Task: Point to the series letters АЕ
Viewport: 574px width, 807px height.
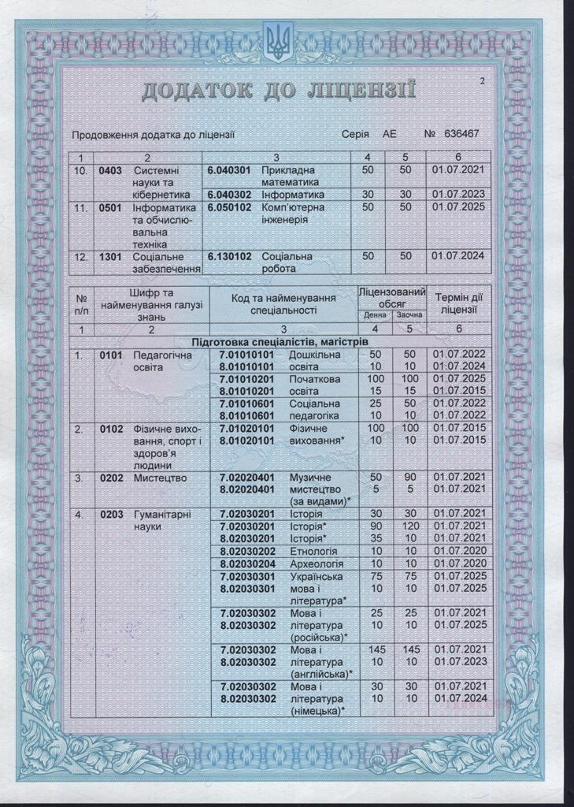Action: point(390,135)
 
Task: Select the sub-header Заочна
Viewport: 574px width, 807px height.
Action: point(407,315)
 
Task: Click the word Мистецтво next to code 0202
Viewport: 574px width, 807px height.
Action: point(157,478)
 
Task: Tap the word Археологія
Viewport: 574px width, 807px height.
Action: point(315,564)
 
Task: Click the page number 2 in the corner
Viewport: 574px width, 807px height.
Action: point(482,80)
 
